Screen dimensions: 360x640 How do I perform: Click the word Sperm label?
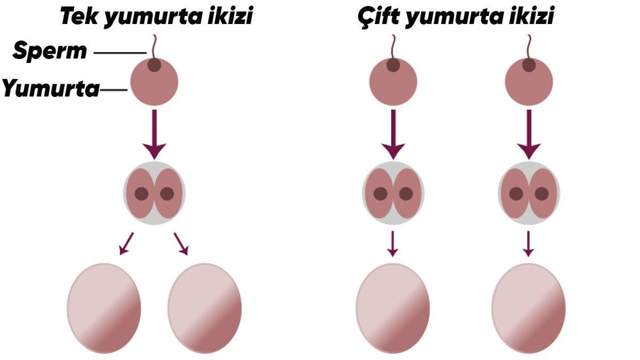coord(50,51)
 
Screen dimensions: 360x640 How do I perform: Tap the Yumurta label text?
coord(51,89)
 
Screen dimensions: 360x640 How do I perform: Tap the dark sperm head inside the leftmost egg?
coord(154,66)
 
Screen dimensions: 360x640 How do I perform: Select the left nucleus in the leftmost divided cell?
coord(141,194)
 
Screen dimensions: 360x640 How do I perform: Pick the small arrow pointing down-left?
coord(126,244)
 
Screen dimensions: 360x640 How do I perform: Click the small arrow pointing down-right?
coord(181,244)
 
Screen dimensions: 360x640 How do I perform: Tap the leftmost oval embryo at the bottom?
coord(104,308)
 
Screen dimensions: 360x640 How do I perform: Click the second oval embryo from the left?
coord(205,308)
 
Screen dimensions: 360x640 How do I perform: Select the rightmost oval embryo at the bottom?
coord(529,308)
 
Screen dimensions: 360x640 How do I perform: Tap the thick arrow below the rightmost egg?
coord(529,133)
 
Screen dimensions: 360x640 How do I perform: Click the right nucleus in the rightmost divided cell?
coord(542,194)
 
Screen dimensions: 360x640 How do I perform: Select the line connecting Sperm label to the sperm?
coord(120,52)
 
